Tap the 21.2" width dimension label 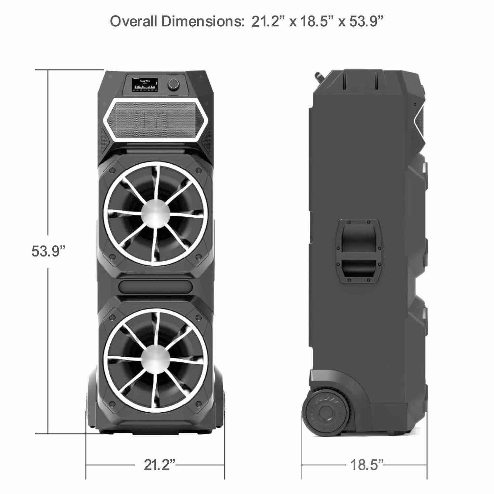pyautogui.click(x=159, y=465)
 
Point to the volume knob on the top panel pyautogui.click(x=173, y=84)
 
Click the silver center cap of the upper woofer pyautogui.click(x=155, y=214)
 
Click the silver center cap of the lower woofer pyautogui.click(x=155, y=358)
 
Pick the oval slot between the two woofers pyautogui.click(x=155, y=285)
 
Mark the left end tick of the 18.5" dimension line pyautogui.click(x=302, y=465)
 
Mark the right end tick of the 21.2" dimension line pyautogui.click(x=225, y=465)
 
